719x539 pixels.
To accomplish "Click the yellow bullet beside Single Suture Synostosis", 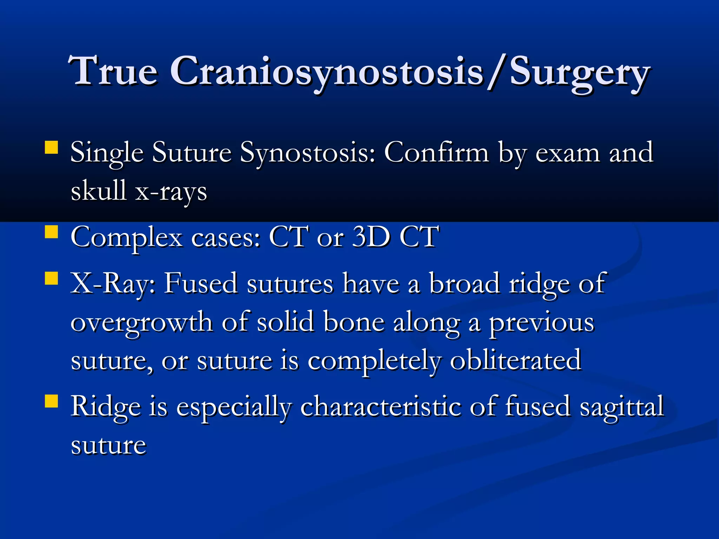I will [x=51, y=148].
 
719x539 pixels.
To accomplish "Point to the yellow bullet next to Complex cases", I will [x=51, y=232].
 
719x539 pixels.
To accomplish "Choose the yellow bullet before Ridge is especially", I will [x=51, y=401].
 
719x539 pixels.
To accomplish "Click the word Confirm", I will [x=436, y=153].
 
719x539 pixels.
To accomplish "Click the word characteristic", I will [x=381, y=406].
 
